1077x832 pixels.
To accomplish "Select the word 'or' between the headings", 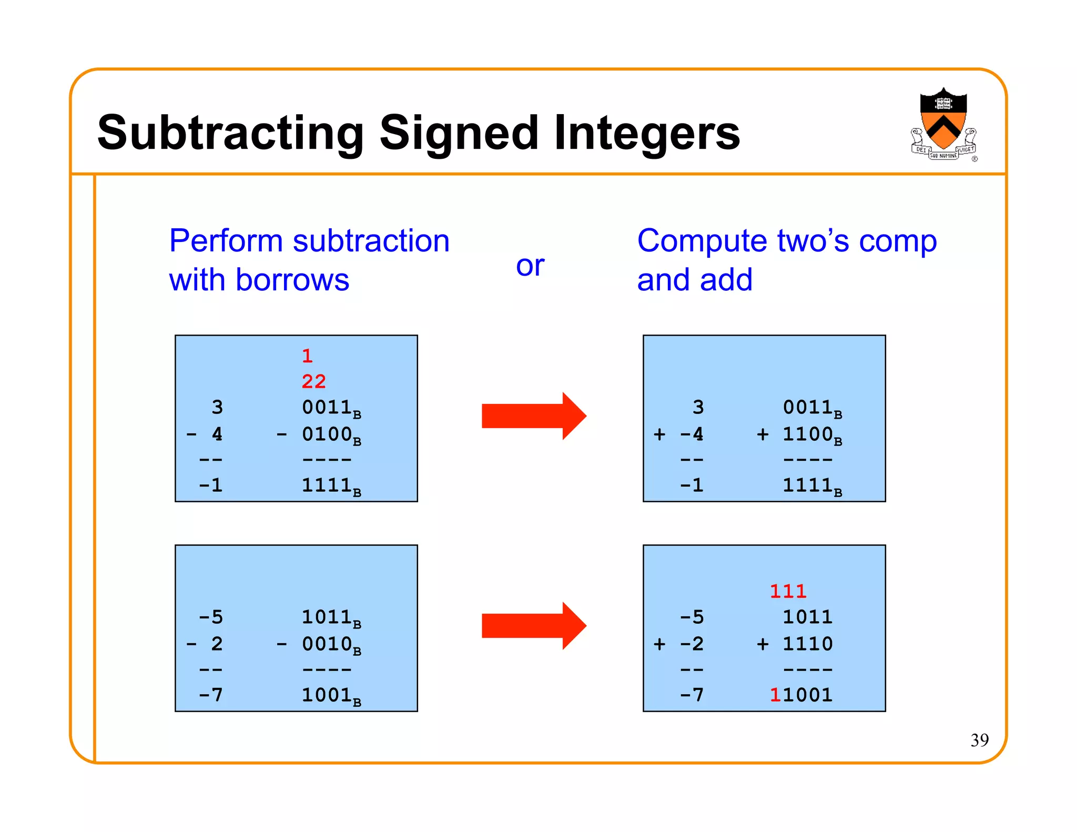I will click(530, 266).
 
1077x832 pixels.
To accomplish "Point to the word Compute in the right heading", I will click(703, 241).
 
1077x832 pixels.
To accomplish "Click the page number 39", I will click(979, 740).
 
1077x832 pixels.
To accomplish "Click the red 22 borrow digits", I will click(314, 382).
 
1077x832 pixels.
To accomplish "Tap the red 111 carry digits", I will click(788, 592).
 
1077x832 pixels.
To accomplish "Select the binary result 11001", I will click(801, 695).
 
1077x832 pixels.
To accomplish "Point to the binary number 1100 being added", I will click(808, 435).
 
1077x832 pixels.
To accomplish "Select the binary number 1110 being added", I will click(808, 644).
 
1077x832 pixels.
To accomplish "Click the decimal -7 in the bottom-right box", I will click(692, 695).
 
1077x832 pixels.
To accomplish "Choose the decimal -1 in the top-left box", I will click(211, 485).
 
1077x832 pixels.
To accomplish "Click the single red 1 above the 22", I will click(308, 357).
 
